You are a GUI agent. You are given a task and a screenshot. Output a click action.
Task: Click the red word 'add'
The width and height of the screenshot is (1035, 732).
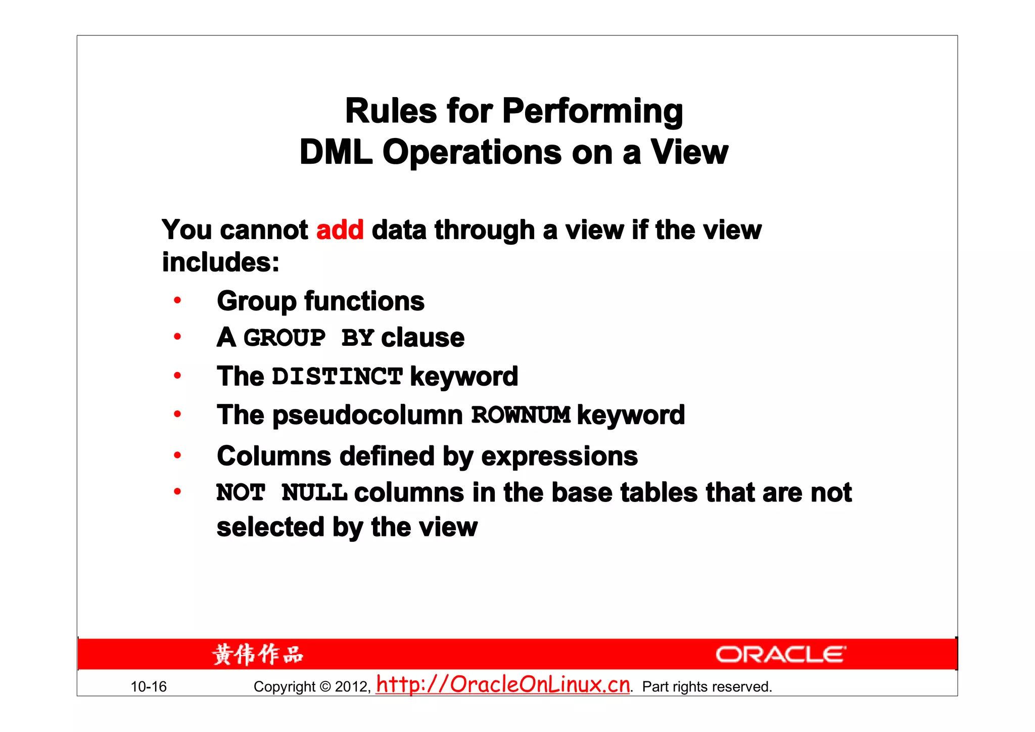[340, 230]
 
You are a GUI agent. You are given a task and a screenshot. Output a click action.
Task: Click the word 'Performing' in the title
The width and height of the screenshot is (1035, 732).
[592, 112]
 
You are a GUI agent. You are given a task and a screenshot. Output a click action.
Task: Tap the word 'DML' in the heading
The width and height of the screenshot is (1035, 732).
[336, 152]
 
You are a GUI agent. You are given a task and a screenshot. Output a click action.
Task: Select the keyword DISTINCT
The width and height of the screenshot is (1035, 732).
[337, 377]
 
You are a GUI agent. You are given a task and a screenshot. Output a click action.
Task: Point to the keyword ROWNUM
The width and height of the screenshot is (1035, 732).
[521, 415]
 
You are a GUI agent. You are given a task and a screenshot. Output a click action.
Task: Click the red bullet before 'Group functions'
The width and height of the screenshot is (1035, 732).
[177, 301]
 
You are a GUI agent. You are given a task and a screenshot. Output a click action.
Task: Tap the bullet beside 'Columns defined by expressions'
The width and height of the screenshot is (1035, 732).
[177, 455]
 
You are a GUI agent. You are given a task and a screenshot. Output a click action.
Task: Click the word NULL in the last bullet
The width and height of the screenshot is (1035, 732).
[314, 493]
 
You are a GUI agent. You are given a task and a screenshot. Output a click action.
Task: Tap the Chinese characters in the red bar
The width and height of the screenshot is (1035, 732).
[257, 655]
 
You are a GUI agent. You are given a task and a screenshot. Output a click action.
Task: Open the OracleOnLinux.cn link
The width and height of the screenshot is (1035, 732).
[503, 685]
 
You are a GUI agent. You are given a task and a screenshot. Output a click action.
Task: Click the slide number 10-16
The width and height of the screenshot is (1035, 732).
[149, 687]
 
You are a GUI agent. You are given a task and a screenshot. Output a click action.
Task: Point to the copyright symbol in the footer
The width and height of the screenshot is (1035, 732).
[325, 687]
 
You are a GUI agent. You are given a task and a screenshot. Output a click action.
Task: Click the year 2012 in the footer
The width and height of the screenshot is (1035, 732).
[352, 687]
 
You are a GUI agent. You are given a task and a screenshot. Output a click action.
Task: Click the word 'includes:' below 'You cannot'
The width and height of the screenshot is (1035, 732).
[220, 262]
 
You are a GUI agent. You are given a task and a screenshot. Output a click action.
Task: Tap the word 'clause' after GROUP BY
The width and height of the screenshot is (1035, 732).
[422, 338]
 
